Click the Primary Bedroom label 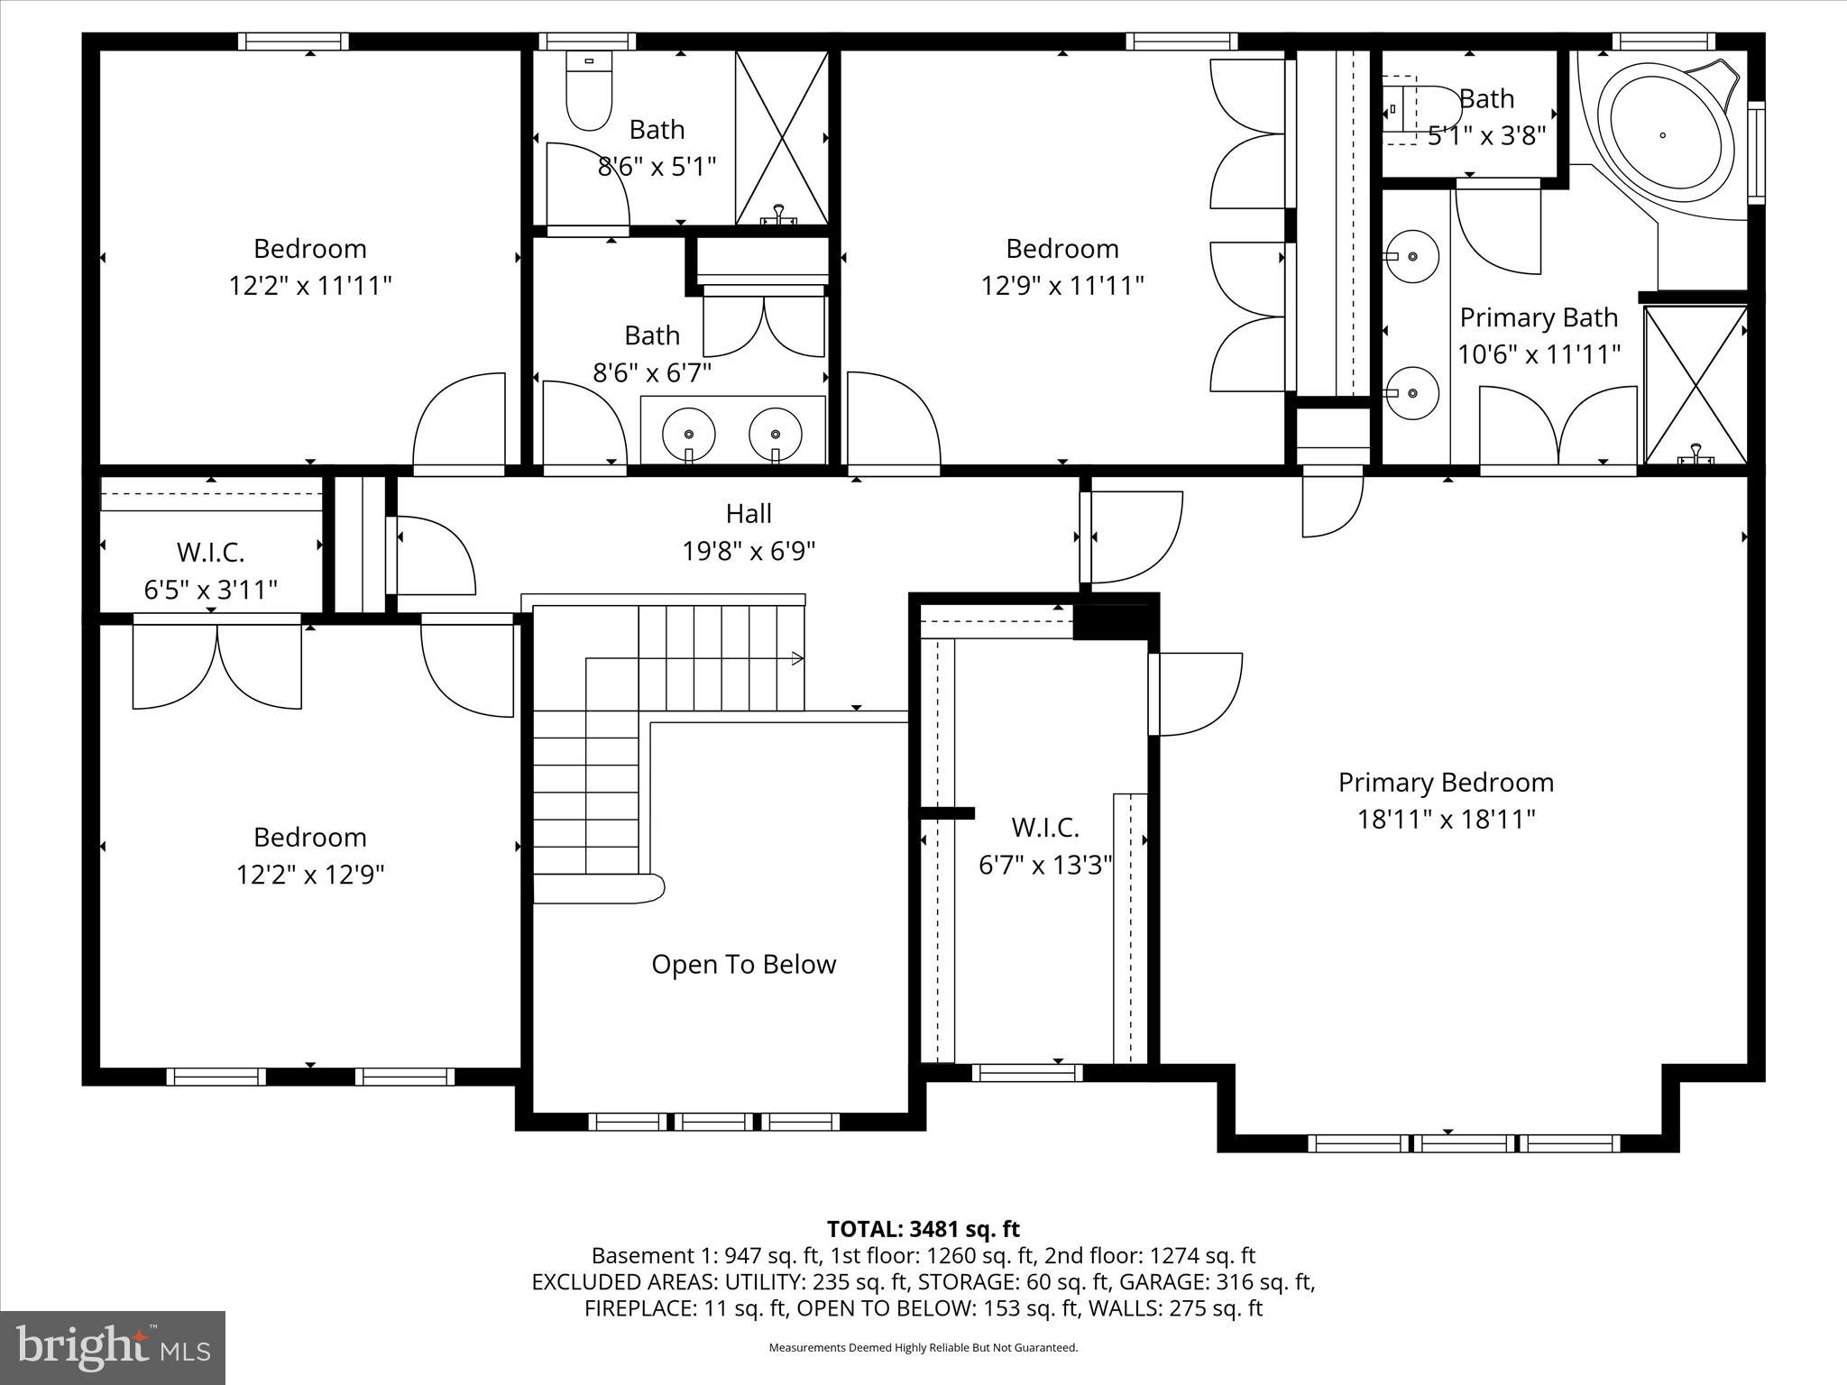pos(1446,783)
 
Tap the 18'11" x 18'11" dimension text pos(1446,820)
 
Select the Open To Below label pos(743,965)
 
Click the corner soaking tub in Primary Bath pos(1665,138)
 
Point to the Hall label pos(749,514)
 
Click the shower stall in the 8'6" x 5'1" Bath pos(781,137)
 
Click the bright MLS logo pos(113,1347)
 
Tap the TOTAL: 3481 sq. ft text pos(923,1229)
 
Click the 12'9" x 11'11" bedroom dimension pos(1062,286)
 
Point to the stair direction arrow pos(797,659)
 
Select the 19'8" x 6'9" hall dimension pos(749,551)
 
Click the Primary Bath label pos(1539,318)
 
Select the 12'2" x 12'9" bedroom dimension pos(309,875)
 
